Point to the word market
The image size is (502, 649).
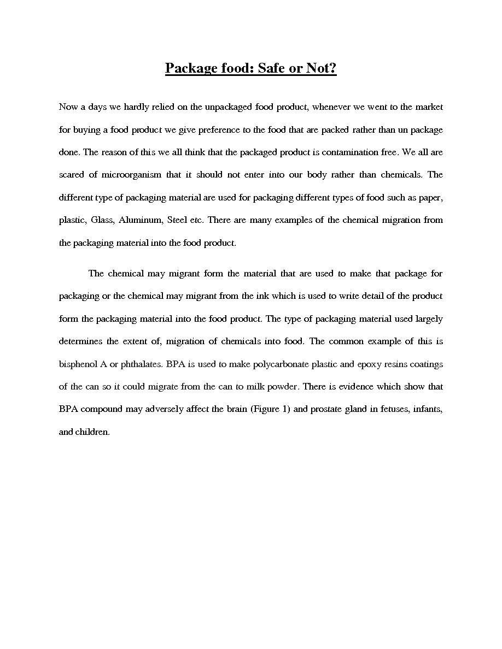pos(429,107)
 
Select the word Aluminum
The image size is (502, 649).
pos(140,220)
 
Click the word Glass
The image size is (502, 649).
pos(102,220)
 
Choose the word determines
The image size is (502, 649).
pos(80,341)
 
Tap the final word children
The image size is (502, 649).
pos(92,432)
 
